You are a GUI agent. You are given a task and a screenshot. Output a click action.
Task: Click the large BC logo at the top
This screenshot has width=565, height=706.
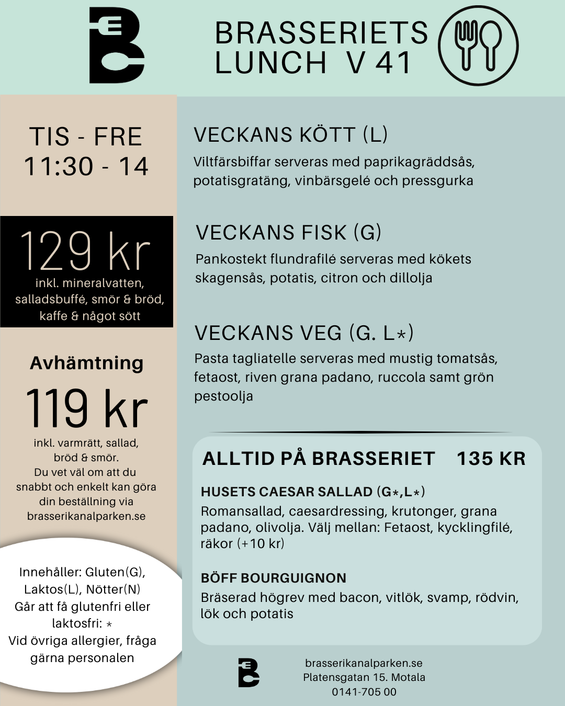pyautogui.click(x=116, y=46)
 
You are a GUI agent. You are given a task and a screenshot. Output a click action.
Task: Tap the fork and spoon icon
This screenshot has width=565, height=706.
pyautogui.click(x=478, y=46)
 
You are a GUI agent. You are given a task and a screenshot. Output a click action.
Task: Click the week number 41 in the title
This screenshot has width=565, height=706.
pyautogui.click(x=393, y=63)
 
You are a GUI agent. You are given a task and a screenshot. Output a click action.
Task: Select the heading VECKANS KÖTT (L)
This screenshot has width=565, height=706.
pyautogui.click(x=290, y=135)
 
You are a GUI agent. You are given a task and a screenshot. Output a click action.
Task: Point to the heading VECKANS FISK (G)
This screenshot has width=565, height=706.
pyautogui.click(x=288, y=233)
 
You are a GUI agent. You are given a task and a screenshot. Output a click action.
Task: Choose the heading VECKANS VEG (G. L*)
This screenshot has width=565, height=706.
pyautogui.click(x=304, y=333)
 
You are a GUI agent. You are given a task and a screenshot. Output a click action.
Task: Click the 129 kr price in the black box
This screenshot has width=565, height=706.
pyautogui.click(x=85, y=252)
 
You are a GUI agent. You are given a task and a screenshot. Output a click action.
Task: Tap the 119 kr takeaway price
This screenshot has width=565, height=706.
pyautogui.click(x=86, y=408)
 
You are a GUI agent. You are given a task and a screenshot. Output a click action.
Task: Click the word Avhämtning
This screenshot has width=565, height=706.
pyautogui.click(x=86, y=363)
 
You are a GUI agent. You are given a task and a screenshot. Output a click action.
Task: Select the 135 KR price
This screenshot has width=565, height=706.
pyautogui.click(x=491, y=459)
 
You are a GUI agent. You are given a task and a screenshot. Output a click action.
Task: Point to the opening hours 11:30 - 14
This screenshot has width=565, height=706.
pyautogui.click(x=86, y=167)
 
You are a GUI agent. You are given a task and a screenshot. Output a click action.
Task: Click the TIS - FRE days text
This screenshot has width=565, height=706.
pyautogui.click(x=86, y=137)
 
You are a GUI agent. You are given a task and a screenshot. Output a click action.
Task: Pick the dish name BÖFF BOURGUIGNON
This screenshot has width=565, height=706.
pyautogui.click(x=274, y=578)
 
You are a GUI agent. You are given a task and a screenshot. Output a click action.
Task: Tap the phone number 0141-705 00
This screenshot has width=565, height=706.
pyautogui.click(x=364, y=692)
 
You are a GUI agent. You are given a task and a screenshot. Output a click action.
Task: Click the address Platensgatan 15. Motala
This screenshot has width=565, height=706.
pyautogui.click(x=364, y=677)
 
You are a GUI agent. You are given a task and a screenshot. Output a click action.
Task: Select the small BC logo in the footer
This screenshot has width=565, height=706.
pyautogui.click(x=248, y=673)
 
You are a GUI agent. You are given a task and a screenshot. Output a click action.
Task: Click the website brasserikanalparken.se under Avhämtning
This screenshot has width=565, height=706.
pyautogui.click(x=86, y=516)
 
